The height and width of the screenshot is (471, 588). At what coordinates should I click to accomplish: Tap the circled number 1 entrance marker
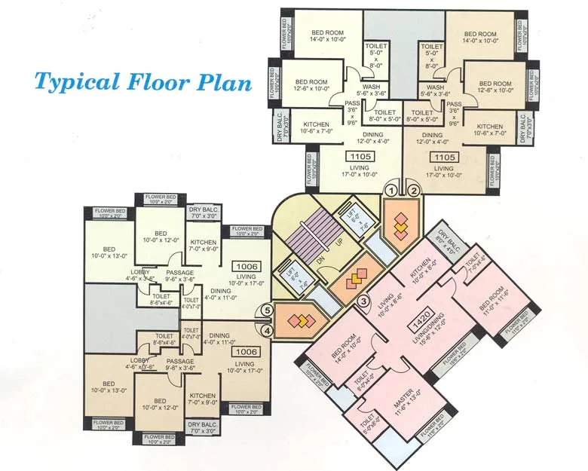pos(391,191)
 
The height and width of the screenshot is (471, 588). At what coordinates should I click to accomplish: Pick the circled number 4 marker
pos(268,329)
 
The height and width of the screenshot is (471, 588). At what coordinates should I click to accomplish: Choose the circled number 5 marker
pos(268,310)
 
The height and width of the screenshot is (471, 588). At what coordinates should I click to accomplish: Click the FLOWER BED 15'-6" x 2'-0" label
pos(458,350)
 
